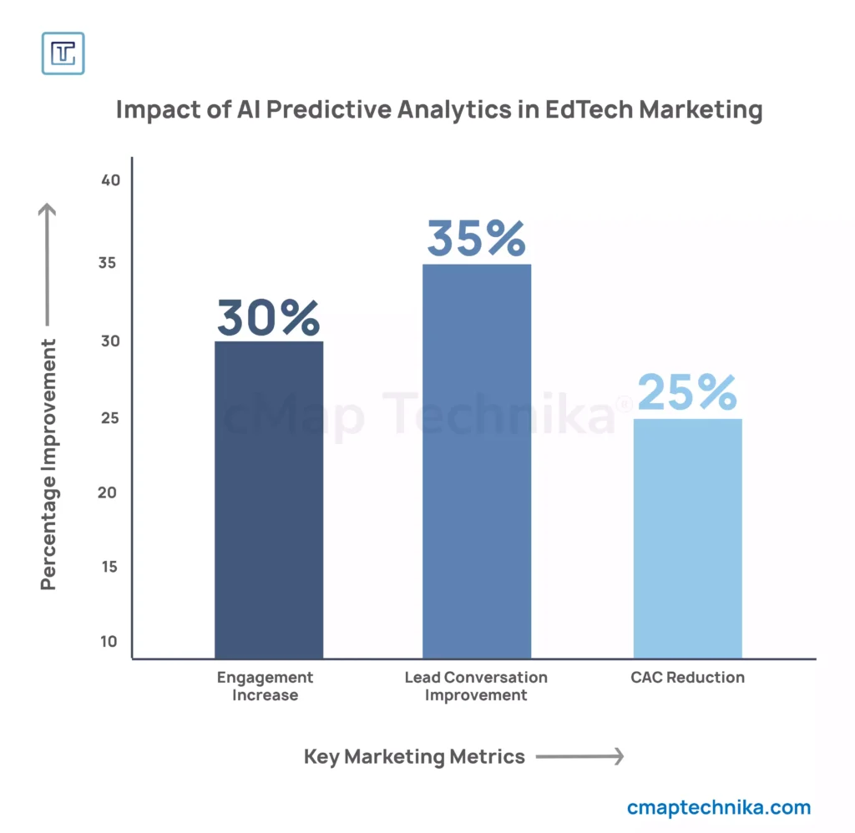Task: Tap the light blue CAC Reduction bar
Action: (687, 538)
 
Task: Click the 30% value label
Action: (269, 317)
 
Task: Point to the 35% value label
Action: (476, 239)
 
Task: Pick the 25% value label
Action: (687, 393)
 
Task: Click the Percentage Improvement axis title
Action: (49, 464)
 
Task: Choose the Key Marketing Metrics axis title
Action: (414, 757)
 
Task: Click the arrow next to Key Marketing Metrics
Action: (579, 757)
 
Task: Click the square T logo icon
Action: (63, 53)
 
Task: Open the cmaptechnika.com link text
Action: (718, 807)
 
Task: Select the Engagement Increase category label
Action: (265, 685)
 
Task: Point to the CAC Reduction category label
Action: (687, 677)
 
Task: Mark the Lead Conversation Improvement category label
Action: (476, 685)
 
